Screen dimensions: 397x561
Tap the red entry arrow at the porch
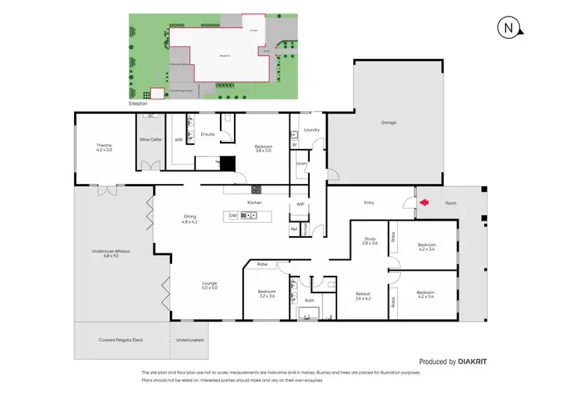[424, 202]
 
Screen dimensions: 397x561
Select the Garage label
[388, 123]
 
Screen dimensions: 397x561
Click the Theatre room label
[103, 147]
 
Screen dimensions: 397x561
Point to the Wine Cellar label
[150, 139]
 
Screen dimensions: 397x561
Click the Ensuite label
[207, 135]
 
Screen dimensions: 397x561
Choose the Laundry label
[312, 130]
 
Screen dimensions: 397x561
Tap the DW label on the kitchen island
[233, 215]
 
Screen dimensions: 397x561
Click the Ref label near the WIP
[294, 229]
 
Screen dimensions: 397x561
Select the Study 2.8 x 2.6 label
[370, 241]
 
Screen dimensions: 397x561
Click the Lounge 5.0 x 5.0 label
[209, 286]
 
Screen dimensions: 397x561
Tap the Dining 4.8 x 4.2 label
[188, 219]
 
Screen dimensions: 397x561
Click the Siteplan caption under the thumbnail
[138, 104]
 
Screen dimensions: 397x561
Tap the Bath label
[309, 301]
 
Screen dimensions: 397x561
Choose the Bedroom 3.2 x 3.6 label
[267, 294]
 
